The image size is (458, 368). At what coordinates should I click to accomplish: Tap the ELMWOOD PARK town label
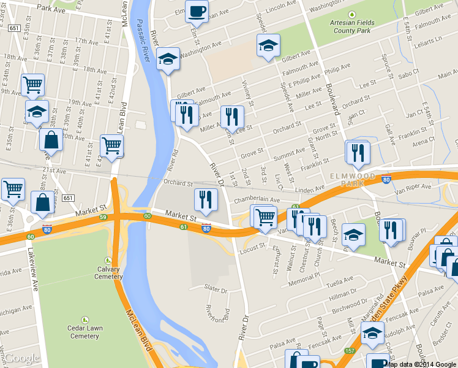[x=353, y=179]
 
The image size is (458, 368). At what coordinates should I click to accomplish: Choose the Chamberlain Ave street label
[x=255, y=200]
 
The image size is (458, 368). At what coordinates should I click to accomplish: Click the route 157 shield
[x=349, y=351]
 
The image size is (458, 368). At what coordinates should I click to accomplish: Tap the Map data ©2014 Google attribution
[x=421, y=364]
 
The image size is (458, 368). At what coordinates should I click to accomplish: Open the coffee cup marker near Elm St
[x=197, y=11]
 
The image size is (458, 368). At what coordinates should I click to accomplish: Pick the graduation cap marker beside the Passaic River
[x=167, y=59]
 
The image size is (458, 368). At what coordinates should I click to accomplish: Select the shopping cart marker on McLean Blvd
[x=112, y=145]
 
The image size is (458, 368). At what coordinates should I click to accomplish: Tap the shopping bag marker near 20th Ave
[x=51, y=140]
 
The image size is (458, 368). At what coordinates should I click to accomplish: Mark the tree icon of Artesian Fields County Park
[x=351, y=14]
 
